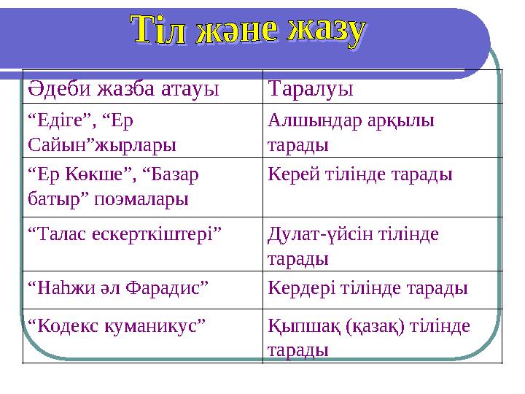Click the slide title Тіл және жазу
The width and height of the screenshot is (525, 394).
(x=248, y=33)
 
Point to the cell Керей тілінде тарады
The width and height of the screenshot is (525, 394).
(x=360, y=175)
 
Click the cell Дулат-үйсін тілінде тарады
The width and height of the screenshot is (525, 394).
(x=353, y=245)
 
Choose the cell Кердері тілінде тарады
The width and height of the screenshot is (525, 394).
(x=367, y=287)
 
